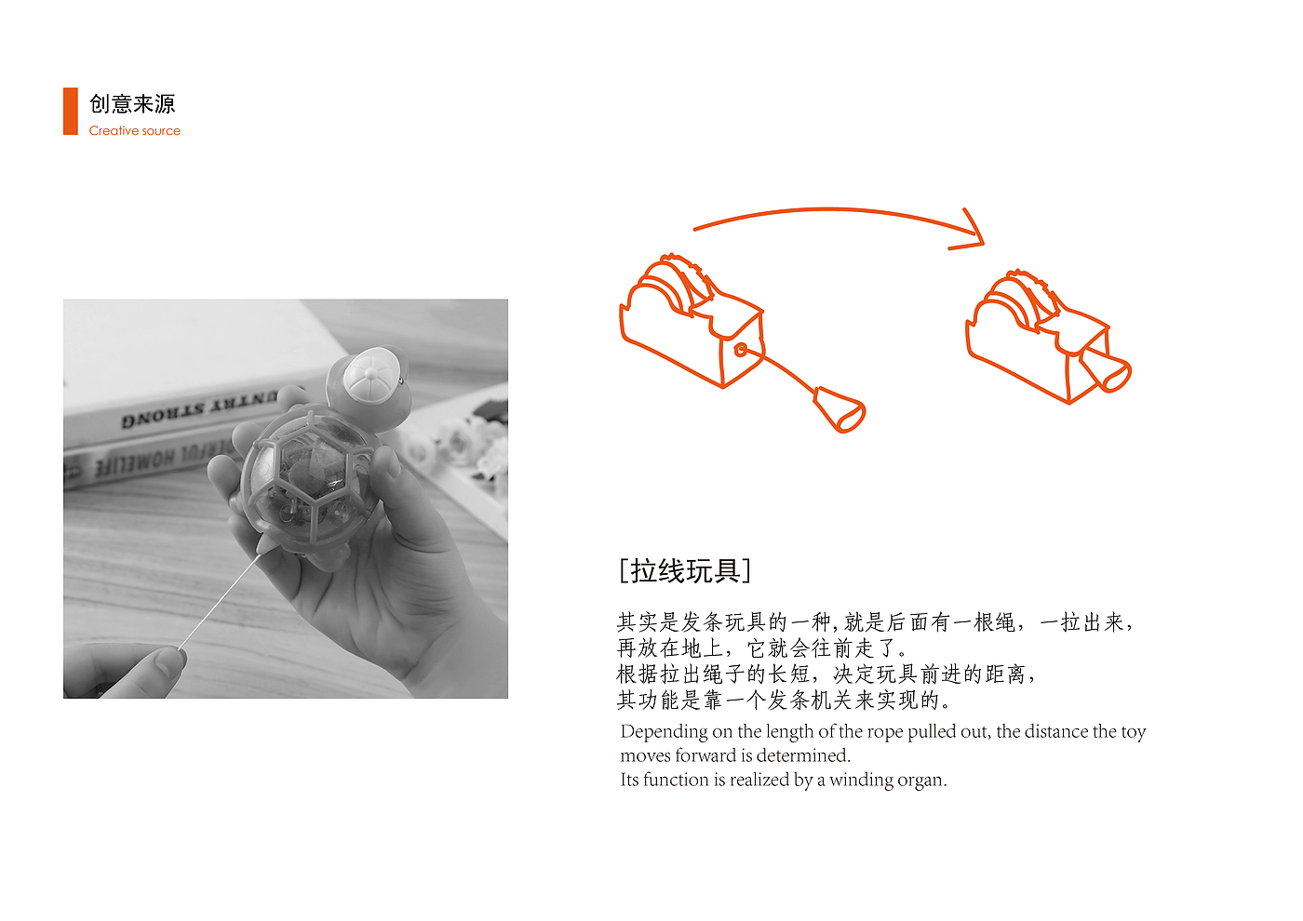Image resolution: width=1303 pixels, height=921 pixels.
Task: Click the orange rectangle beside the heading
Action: pos(71,111)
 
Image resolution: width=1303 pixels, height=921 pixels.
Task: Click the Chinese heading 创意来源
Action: pos(132,104)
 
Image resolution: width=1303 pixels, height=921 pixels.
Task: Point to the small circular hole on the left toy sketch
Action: pos(741,350)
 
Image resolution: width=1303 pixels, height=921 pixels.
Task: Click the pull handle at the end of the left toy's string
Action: pos(840,409)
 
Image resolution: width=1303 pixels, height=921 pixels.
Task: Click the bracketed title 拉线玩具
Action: pos(685,571)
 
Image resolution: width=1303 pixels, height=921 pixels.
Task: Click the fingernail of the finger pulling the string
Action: pos(170,661)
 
